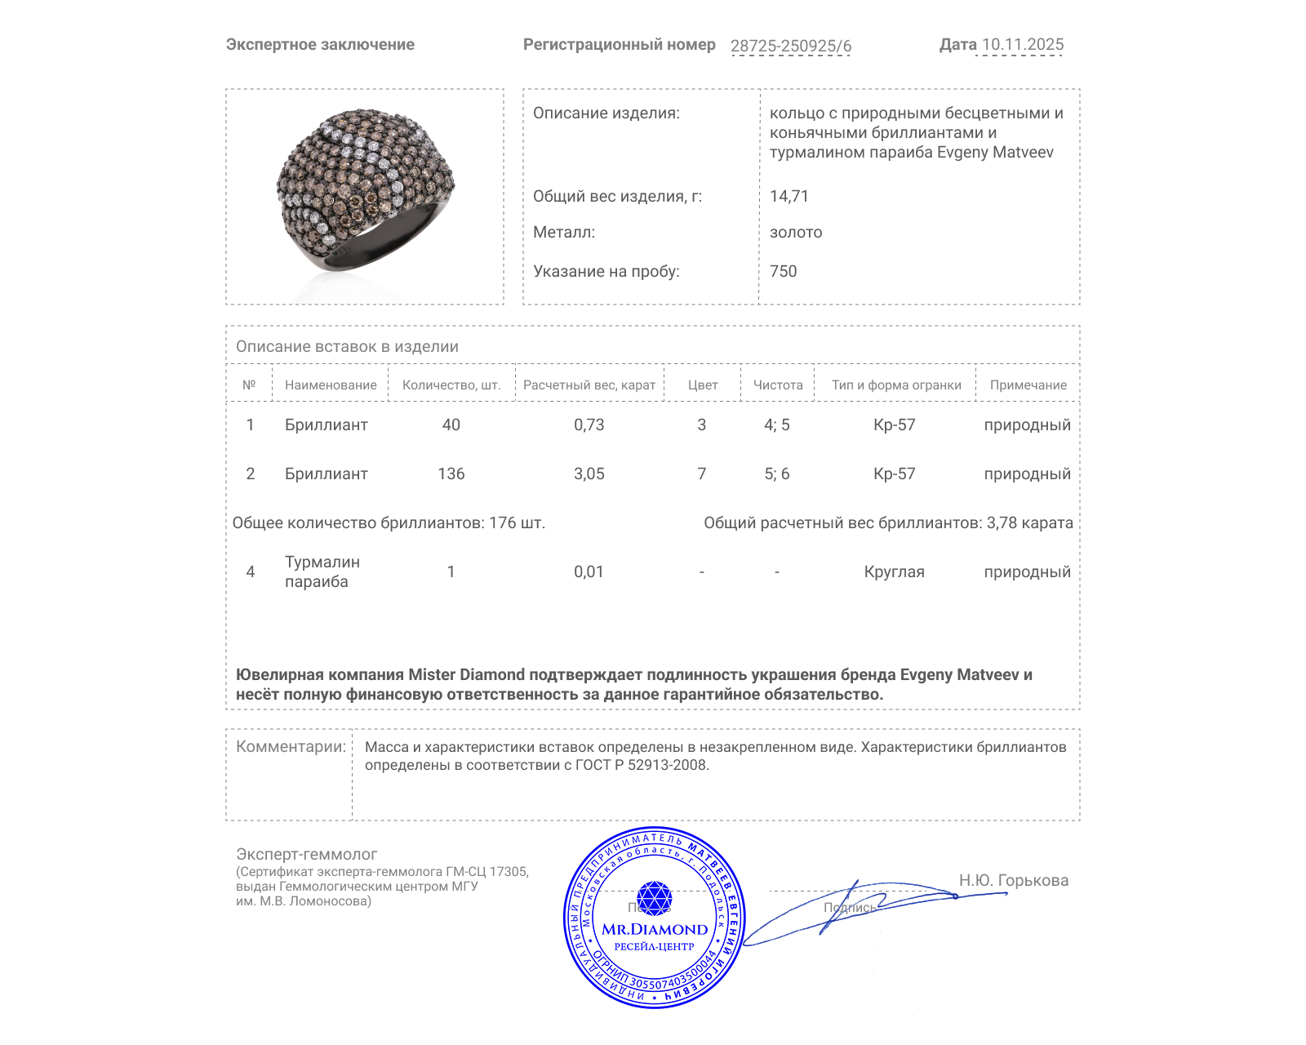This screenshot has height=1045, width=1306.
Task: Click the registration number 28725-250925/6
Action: point(790,46)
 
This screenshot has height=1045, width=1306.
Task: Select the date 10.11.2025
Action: point(1022,45)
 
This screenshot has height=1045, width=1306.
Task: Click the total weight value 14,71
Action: point(788,197)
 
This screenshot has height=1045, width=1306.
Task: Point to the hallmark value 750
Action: point(783,272)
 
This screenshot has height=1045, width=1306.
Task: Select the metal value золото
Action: point(796,233)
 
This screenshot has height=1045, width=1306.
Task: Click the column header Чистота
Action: point(778,385)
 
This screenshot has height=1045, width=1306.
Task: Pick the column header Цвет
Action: point(703,385)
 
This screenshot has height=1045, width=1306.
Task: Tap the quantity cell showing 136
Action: point(451,474)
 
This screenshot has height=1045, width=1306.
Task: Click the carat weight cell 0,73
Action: point(589,425)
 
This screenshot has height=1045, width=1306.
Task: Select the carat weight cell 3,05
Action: point(589,474)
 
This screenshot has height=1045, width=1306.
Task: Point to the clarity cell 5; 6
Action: point(776,474)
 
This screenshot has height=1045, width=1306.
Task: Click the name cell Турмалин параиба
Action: point(322,572)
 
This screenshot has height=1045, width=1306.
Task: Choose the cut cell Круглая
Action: point(894,572)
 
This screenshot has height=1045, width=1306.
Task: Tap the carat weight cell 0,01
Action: point(589,572)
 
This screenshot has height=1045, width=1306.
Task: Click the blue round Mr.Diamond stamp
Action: point(654,918)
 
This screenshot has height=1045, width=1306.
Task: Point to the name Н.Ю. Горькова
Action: point(1013,881)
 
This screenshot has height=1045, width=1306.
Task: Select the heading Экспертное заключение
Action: point(320,45)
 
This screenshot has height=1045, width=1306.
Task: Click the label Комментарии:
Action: point(291,747)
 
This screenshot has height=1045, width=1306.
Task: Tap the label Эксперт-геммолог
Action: point(306,855)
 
